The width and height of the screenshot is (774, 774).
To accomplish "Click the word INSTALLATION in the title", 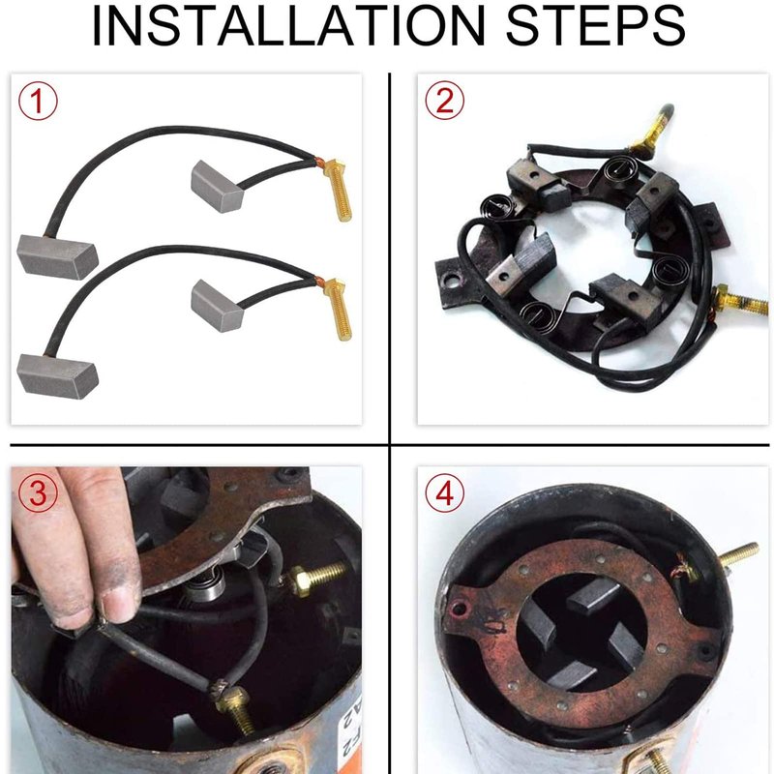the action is click(288, 26).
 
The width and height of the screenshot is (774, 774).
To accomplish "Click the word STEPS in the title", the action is click(595, 26).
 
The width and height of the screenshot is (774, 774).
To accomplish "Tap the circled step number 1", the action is click(38, 102).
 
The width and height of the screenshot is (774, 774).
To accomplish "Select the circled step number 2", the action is click(444, 101).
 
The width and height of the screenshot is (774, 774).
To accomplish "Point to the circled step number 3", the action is click(38, 493).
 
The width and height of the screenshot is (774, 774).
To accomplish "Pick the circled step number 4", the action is click(444, 493).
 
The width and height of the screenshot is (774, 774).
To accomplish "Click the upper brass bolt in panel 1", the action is click(338, 190).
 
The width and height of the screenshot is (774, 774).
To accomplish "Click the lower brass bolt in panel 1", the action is click(338, 310).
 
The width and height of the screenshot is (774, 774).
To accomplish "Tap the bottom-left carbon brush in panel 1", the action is click(57, 375).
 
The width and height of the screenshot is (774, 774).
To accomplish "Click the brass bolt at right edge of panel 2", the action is click(740, 300).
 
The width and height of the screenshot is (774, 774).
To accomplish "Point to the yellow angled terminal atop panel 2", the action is click(651, 130).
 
